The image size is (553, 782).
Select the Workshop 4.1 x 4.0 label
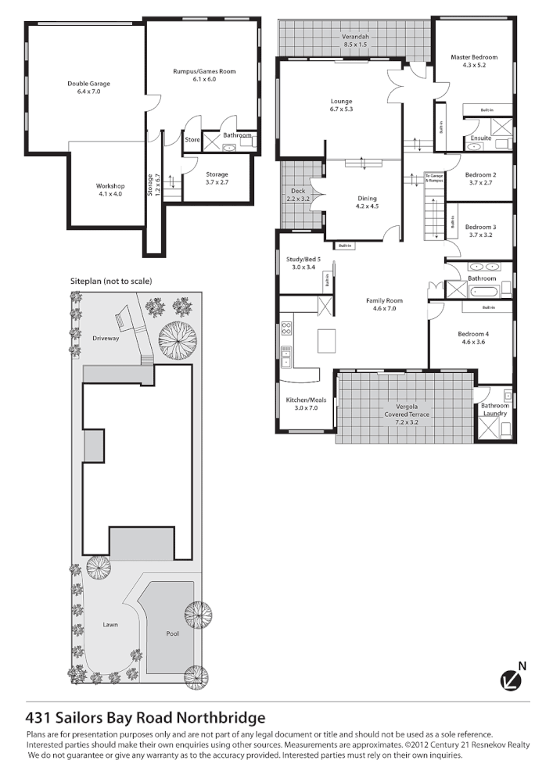click(110, 188)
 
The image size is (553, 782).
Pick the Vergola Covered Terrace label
click(405, 414)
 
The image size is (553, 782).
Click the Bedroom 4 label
click(475, 338)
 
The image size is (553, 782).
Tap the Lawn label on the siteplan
click(110, 625)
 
